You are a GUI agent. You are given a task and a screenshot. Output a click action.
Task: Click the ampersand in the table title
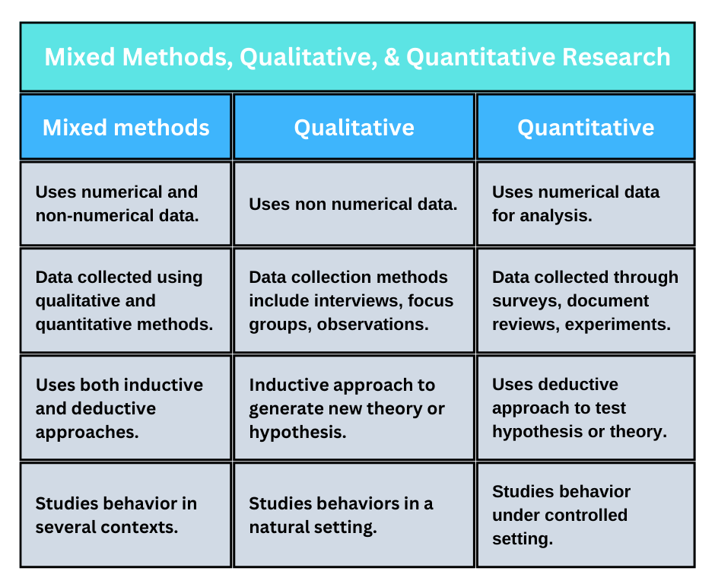point(392,58)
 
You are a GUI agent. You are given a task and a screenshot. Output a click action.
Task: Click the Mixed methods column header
point(126,127)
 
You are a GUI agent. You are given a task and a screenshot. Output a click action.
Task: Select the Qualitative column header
point(354,127)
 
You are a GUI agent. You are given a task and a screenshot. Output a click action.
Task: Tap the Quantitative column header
point(586,127)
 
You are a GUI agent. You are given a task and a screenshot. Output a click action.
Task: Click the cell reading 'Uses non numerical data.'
point(354,204)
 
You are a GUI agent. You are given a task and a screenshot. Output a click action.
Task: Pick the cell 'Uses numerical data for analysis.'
point(586,204)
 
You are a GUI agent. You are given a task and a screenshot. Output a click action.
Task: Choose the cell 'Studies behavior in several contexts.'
point(126,515)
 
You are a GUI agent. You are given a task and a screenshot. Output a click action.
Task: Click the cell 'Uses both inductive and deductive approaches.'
point(126,408)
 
